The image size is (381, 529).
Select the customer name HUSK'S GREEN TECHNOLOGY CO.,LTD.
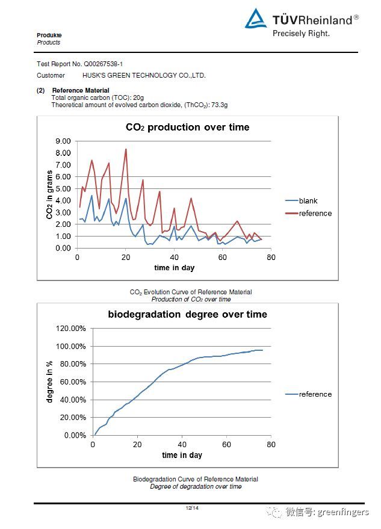point(144,75)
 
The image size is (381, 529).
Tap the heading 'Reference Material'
point(81,90)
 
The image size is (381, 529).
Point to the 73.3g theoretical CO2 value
point(219,105)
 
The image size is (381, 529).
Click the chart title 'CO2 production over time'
point(187,127)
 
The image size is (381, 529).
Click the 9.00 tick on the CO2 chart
point(63,141)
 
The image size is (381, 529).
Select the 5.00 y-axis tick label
point(63,188)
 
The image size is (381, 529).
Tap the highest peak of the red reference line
point(126,149)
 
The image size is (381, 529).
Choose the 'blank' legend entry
point(308,201)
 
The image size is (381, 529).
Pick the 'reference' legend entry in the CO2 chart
point(315,213)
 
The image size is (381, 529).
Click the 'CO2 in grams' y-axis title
point(49,194)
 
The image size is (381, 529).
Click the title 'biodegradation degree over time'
point(187,314)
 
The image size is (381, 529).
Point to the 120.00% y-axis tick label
point(70,329)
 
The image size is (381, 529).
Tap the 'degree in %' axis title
point(49,382)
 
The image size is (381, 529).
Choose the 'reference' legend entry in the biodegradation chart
point(315,394)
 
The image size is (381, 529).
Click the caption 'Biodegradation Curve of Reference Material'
point(195,479)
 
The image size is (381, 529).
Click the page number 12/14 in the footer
point(192,509)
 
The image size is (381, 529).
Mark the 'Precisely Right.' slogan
point(301,34)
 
